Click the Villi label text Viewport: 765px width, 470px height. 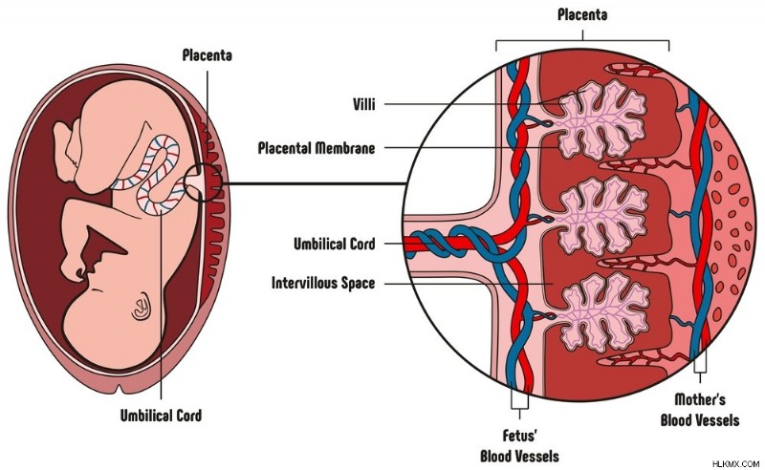[x=364, y=104]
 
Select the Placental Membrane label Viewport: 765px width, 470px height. [x=317, y=147]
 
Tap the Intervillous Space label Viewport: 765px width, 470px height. [x=323, y=283]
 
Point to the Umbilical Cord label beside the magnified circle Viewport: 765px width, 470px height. [x=334, y=244]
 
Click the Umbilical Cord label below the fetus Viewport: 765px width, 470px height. [x=161, y=416]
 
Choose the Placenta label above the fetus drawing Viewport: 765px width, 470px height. [x=207, y=55]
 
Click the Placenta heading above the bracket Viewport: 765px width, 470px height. [x=582, y=14]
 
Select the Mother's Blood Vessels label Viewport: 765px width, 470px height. [x=700, y=410]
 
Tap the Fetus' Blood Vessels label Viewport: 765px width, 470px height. [x=519, y=445]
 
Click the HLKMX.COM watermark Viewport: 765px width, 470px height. [x=735, y=463]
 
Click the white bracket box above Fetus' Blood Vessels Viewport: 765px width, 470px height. [x=519, y=398]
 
